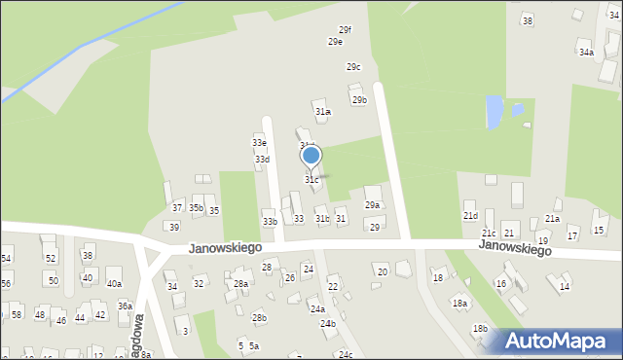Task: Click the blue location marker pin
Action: point(311,156)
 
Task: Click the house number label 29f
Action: point(345,30)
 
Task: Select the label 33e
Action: point(260,143)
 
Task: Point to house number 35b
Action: point(197,208)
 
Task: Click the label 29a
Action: point(372,205)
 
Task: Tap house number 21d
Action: point(470,216)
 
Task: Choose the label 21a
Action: point(552,219)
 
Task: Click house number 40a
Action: point(114,283)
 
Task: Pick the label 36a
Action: point(125,306)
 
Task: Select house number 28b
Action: point(259,317)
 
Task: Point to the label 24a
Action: point(317,308)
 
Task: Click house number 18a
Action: point(459,303)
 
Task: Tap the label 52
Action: point(51,258)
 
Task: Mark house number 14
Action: point(565,287)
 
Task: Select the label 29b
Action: point(359,99)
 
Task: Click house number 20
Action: point(383,271)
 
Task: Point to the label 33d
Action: point(262,159)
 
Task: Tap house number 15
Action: point(599,230)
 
